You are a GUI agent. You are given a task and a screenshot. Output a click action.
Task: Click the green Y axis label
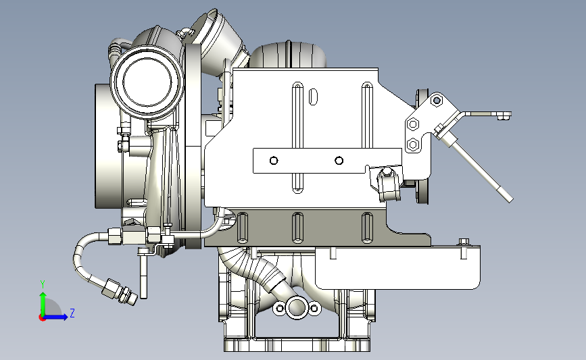(x=43, y=284)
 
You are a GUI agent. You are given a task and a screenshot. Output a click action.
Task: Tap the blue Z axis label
(x=72, y=313)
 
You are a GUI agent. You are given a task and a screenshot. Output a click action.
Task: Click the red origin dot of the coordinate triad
(x=42, y=318)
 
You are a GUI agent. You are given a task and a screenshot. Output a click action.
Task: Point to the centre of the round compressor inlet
(x=147, y=82)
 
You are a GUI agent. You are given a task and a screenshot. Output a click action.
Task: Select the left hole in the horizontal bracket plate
(x=274, y=161)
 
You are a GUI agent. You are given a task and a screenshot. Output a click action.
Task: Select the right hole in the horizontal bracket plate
(x=339, y=161)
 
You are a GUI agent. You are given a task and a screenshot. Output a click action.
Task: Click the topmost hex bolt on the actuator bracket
(x=437, y=101)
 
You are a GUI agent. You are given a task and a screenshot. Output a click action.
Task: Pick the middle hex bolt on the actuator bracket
(x=413, y=124)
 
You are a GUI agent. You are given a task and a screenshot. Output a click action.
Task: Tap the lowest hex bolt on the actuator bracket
(x=413, y=144)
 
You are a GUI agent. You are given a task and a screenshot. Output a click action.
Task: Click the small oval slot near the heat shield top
(x=313, y=97)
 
